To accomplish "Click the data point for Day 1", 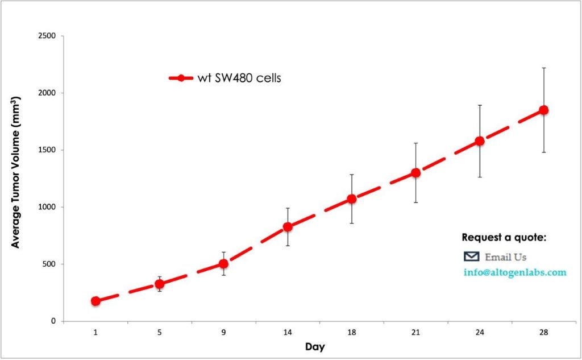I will point(95,301).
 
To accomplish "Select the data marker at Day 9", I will point(223,264).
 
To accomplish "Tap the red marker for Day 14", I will point(288,227).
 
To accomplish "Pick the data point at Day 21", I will point(415,172).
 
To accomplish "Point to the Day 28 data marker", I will point(543,110).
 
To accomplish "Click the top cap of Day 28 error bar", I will point(543,68).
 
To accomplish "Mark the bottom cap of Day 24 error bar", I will point(480,177).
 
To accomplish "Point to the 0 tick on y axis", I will point(53,321).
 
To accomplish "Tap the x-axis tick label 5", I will point(160,333).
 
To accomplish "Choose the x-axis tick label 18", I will point(351,333).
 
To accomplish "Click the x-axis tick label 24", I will point(479,333).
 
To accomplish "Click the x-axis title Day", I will point(314,346).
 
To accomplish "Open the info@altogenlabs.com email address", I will point(515,272).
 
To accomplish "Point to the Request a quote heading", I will point(504,237).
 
